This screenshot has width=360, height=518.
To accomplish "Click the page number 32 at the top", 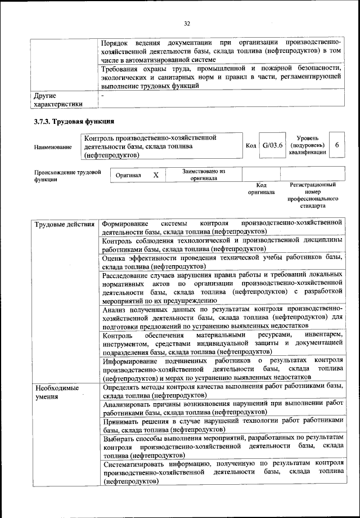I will pos(187,23).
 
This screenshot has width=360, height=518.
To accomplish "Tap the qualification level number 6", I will pos(336,145).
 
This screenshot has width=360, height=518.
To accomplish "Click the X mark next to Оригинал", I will pos(156,175).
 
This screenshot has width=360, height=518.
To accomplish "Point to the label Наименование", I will pos(53,147).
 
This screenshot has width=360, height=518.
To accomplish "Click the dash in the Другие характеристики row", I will pos(103,96).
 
